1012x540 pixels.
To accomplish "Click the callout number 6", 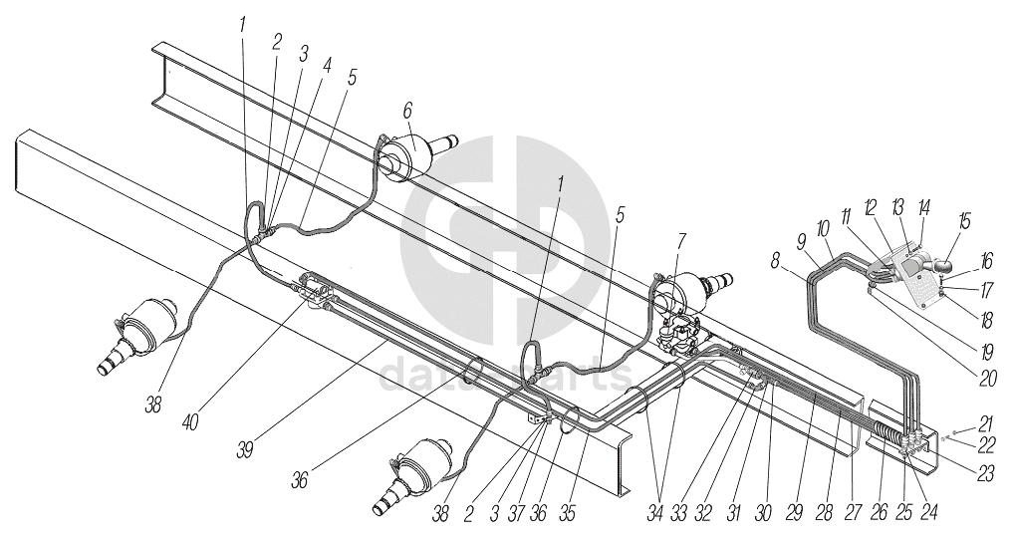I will point(407,111).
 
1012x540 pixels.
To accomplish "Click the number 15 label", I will point(964,218).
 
